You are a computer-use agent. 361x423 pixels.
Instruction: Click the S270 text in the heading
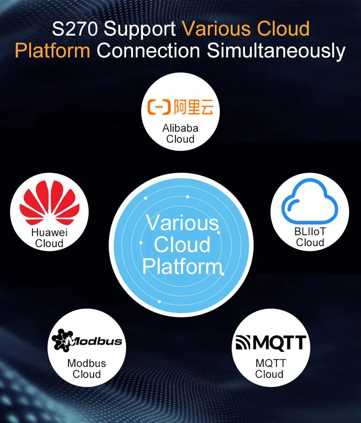[74, 29]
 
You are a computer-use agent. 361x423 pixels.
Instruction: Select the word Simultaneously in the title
[276, 51]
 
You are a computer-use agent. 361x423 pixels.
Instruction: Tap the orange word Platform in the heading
[53, 51]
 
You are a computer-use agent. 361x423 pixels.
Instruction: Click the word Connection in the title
[149, 51]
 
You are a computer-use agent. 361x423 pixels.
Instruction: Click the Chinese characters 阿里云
[194, 107]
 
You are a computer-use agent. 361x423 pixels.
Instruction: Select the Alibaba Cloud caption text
[180, 134]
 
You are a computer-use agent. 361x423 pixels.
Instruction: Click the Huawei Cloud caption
[49, 238]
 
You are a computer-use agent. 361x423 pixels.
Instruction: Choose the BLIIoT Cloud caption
[310, 237]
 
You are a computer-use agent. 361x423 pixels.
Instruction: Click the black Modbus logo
[86, 340]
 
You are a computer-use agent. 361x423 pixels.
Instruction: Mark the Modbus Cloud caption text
[86, 368]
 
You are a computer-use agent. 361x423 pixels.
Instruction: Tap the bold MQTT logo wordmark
[280, 343]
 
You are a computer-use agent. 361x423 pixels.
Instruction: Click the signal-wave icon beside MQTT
[243, 343]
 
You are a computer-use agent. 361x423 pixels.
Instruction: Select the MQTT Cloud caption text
[271, 368]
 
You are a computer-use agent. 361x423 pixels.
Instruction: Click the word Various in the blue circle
[182, 223]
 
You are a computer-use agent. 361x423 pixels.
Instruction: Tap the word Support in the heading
[140, 30]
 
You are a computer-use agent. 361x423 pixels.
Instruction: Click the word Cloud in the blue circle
[182, 244]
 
